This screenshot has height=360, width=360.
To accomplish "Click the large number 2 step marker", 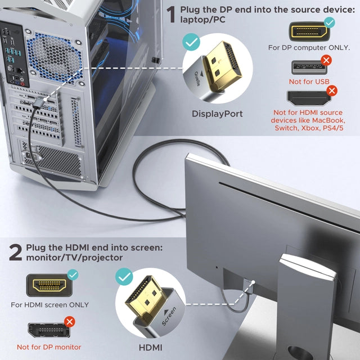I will click(15, 251).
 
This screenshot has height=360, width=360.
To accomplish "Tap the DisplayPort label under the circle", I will click(217, 114).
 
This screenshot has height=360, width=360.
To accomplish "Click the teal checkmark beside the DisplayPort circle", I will click(192, 42).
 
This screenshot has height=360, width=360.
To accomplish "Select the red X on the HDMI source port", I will click(332, 91).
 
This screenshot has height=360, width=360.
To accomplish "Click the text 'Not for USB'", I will click(308, 82).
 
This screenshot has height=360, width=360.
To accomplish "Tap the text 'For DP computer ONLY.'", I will click(309, 47).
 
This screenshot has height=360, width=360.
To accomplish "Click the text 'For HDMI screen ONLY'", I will click(48, 305).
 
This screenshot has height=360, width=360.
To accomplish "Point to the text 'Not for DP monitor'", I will click(49, 347).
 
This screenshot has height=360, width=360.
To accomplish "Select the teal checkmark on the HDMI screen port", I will click(73, 275).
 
